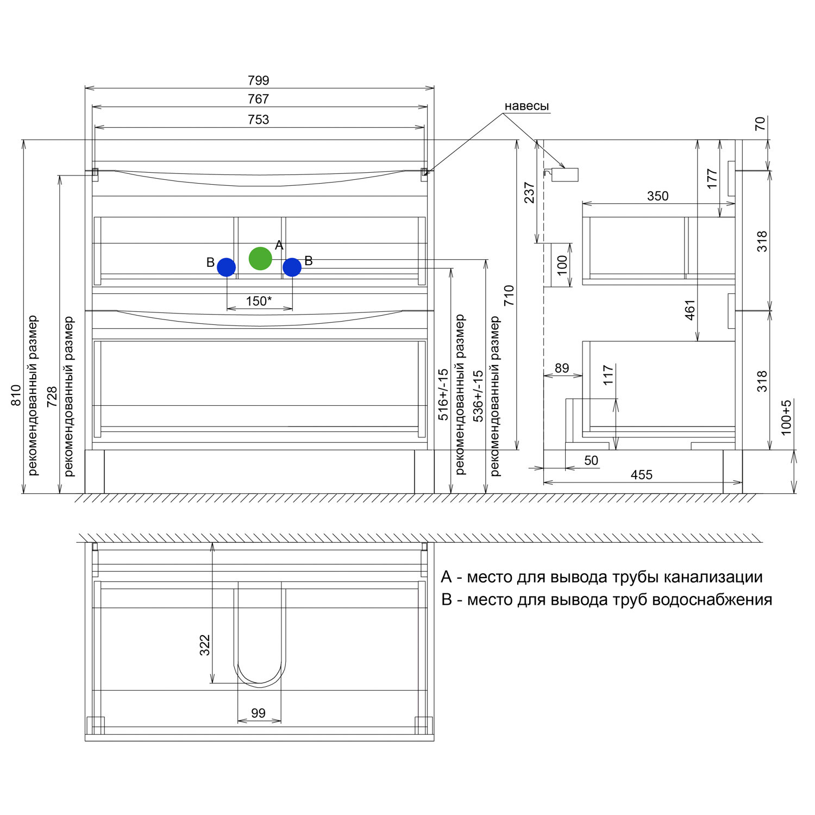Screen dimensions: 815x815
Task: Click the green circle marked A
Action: (260, 259)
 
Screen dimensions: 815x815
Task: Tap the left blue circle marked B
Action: (226, 267)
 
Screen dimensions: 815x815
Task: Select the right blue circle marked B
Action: (292, 267)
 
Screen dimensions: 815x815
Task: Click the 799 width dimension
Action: (259, 80)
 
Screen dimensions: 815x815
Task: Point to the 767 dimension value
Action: (259, 99)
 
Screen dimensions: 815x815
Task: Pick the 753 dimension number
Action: (259, 120)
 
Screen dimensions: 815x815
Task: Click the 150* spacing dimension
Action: (259, 301)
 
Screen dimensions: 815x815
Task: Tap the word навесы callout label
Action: (526, 106)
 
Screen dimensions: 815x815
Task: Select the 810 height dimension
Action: (16, 395)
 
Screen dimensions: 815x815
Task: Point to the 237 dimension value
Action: (529, 192)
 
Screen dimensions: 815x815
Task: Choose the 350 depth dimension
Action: (657, 196)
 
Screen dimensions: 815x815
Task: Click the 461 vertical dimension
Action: (690, 310)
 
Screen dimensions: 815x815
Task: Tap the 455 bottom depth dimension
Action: (641, 475)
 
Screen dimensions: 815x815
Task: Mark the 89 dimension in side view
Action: (562, 368)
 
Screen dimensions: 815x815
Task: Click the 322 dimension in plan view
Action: (205, 645)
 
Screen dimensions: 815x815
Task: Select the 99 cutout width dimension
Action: (259, 713)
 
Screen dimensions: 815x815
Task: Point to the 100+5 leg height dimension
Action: (786, 417)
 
